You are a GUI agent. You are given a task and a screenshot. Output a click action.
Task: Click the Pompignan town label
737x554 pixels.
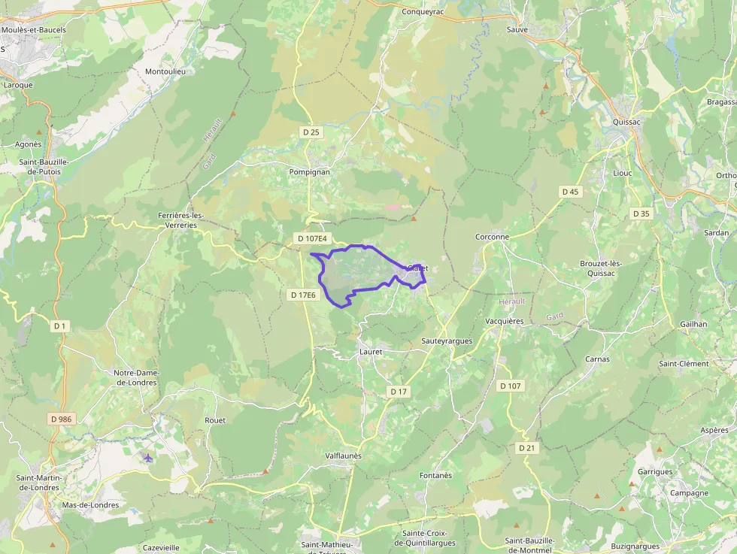tap(309, 171)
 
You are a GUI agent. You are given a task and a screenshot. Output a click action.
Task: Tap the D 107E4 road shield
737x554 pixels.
tap(312, 238)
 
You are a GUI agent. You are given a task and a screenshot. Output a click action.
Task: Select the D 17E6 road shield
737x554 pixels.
tap(304, 295)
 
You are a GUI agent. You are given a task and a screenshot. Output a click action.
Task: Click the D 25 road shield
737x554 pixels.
tap(311, 132)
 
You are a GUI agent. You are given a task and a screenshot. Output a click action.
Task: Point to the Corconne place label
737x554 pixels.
tap(492, 237)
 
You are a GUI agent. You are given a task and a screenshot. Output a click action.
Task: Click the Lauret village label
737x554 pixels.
tap(371, 351)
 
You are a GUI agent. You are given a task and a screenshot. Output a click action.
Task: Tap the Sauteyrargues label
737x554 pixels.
tap(447, 341)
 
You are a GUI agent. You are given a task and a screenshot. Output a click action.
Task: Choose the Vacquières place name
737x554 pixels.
tap(504, 321)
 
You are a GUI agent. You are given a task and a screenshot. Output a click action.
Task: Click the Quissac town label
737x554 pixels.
tap(626, 122)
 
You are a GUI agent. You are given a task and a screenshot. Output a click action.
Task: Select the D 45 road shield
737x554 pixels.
tap(571, 192)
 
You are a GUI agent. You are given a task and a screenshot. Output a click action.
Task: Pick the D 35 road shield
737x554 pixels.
tap(641, 213)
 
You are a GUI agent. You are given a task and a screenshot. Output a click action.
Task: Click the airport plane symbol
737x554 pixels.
tap(147, 457)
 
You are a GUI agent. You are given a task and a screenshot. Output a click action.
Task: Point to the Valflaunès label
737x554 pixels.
tap(343, 456)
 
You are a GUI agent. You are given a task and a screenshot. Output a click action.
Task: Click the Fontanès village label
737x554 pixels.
tap(435, 475)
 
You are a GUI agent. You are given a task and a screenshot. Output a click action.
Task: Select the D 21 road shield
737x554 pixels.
tap(527, 447)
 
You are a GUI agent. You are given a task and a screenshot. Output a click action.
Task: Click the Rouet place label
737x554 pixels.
tap(215, 420)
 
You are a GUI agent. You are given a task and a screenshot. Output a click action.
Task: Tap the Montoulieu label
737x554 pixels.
tap(170, 71)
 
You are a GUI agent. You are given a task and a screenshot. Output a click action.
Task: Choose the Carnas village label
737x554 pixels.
tap(597, 359)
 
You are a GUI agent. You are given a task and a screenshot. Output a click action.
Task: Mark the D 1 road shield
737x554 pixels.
tap(60, 325)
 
